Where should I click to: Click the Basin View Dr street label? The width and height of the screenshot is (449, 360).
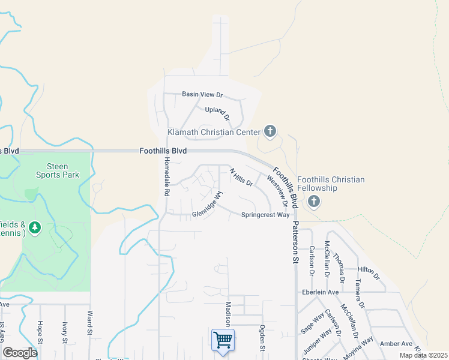(x=202, y=95)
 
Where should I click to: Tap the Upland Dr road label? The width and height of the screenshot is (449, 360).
(x=217, y=113)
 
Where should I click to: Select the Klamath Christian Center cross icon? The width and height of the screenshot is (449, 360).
(x=270, y=131)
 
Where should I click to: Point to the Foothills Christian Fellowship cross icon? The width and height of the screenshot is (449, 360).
(x=313, y=202)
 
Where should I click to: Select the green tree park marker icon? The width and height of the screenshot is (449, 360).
(x=35, y=227)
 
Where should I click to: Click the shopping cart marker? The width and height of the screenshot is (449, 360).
(x=223, y=340)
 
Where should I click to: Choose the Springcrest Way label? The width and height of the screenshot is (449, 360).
(x=265, y=215)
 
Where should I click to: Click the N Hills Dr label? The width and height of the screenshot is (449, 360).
(x=242, y=177)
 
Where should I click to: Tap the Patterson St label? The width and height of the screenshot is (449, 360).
(x=295, y=237)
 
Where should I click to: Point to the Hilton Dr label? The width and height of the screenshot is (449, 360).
(x=369, y=273)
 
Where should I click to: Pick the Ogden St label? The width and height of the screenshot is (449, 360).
(x=262, y=338)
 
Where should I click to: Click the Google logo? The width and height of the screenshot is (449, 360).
(x=20, y=353)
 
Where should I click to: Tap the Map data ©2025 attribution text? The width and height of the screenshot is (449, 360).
(x=423, y=355)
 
